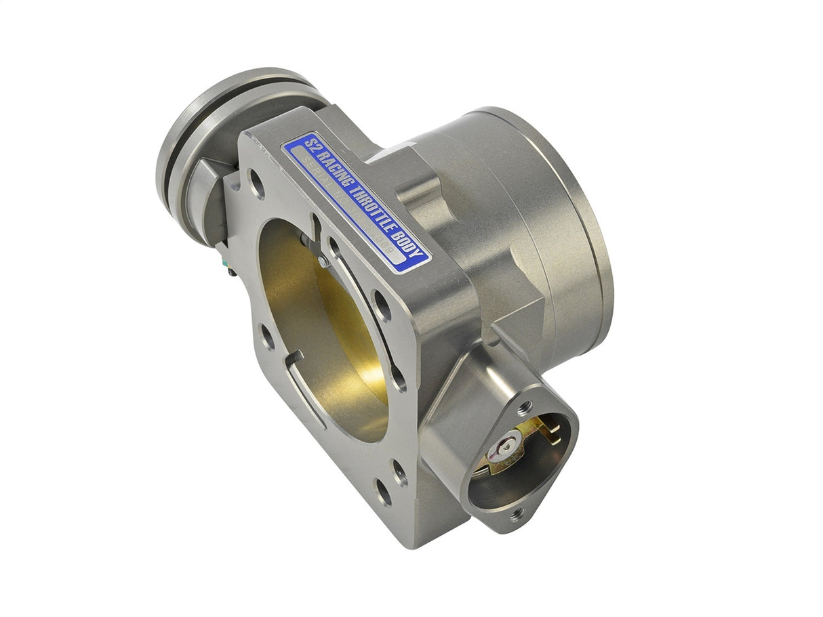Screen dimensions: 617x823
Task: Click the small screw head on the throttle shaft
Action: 323,260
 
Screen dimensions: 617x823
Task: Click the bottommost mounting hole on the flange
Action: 384,493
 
